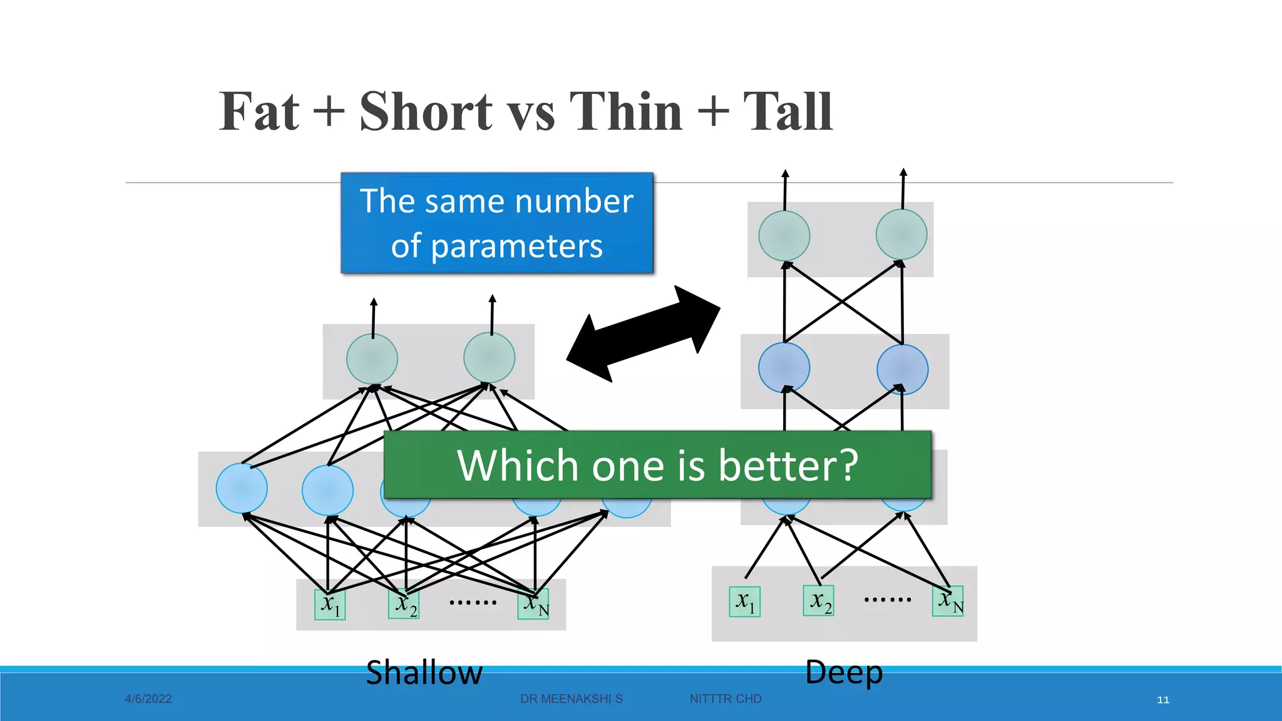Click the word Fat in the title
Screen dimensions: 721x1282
pyautogui.click(x=259, y=111)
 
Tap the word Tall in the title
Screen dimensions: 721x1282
pyautogui.click(x=787, y=111)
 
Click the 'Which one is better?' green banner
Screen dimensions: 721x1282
pyautogui.click(x=657, y=465)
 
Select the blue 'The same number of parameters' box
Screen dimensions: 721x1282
pyautogui.click(x=497, y=223)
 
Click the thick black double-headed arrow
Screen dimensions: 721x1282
pyautogui.click(x=644, y=334)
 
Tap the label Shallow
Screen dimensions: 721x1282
pyautogui.click(x=424, y=673)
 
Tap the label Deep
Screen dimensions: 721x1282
pyautogui.click(x=843, y=672)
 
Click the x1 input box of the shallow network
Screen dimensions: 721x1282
pyautogui.click(x=330, y=605)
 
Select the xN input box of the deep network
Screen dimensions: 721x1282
pyautogui.click(x=948, y=601)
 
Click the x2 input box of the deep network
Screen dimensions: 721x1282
pyautogui.click(x=819, y=601)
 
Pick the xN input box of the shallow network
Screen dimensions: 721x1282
pyautogui.click(x=534, y=604)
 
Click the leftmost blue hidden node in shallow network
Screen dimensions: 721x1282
pyautogui.click(x=242, y=488)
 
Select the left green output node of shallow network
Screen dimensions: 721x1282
pyautogui.click(x=372, y=359)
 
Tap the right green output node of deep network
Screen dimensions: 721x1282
pyautogui.click(x=901, y=235)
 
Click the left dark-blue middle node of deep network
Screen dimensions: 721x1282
pyautogui.click(x=784, y=367)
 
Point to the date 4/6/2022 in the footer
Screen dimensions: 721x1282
pyautogui.click(x=148, y=699)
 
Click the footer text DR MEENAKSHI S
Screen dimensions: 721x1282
pyautogui.click(x=571, y=699)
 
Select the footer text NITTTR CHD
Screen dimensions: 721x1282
pyautogui.click(x=726, y=699)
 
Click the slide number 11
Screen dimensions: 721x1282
pyautogui.click(x=1163, y=700)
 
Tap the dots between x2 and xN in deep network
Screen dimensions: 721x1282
pyautogui.click(x=887, y=600)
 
